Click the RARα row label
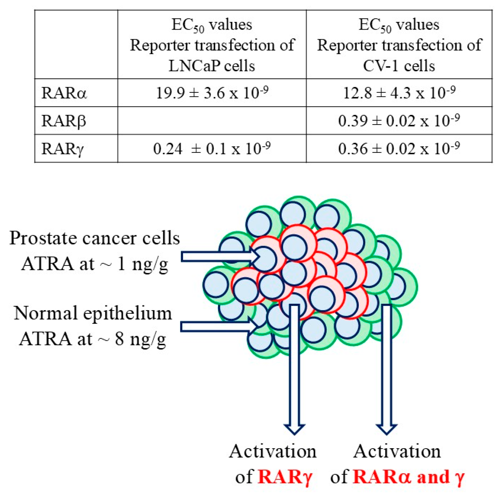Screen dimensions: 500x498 [64, 93]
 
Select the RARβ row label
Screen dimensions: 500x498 [64, 121]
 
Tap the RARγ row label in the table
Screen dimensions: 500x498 [62, 149]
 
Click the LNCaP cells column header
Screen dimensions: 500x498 [212, 45]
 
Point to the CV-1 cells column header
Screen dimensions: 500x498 [399, 45]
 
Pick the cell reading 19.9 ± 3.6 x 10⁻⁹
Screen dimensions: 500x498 [212, 93]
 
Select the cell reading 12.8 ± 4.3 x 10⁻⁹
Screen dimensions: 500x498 [399, 93]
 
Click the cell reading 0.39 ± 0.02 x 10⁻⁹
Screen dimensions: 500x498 [399, 121]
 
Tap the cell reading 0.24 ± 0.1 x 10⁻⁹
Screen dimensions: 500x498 [212, 149]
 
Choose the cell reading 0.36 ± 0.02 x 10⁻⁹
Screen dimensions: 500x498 [399, 149]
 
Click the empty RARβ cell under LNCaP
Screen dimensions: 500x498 [212, 121]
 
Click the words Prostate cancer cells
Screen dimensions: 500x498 [95, 238]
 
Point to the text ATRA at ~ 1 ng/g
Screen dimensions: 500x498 [95, 264]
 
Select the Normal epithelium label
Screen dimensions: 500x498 [93, 313]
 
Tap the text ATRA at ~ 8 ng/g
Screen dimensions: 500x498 [93, 339]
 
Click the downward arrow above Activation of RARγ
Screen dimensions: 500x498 [294, 370]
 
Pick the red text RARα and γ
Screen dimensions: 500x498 [408, 477]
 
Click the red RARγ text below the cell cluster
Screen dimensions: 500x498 [285, 477]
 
